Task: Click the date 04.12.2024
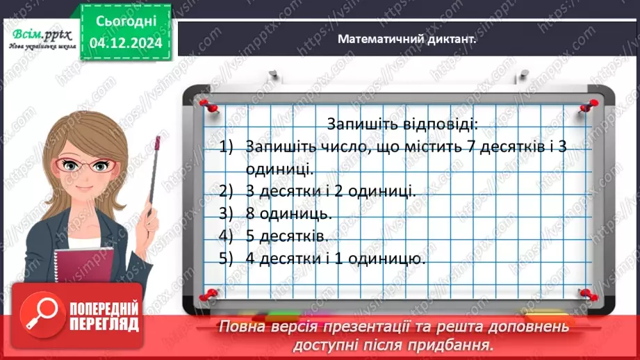pyautogui.click(x=125, y=42)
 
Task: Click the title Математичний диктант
pyautogui.click(x=407, y=40)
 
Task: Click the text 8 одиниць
pyautogui.click(x=288, y=213)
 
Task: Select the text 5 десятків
pyautogui.click(x=286, y=236)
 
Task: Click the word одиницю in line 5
pyautogui.click(x=389, y=259)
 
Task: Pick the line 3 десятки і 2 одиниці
pyautogui.click(x=331, y=190)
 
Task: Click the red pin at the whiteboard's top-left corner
pyautogui.click(x=206, y=104)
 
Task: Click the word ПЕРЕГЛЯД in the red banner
pyautogui.click(x=103, y=323)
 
